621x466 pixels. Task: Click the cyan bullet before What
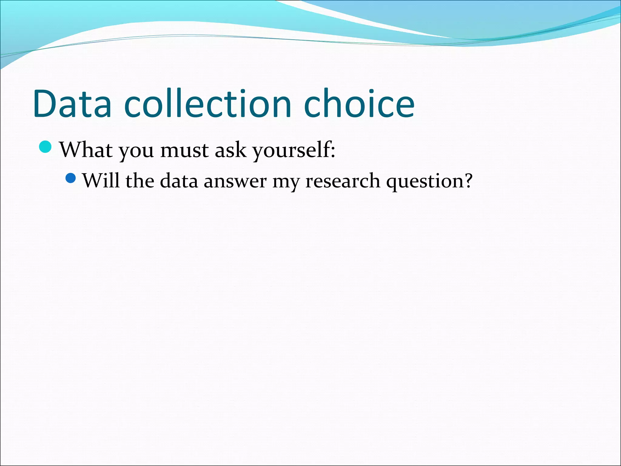click(45, 147)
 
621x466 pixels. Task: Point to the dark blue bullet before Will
click(70, 178)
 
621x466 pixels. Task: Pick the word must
click(184, 150)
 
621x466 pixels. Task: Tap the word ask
click(230, 150)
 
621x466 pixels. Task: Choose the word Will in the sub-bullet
click(101, 181)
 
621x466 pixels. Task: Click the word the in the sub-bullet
click(140, 181)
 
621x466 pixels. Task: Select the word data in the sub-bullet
click(179, 181)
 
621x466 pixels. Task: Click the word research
click(342, 181)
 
